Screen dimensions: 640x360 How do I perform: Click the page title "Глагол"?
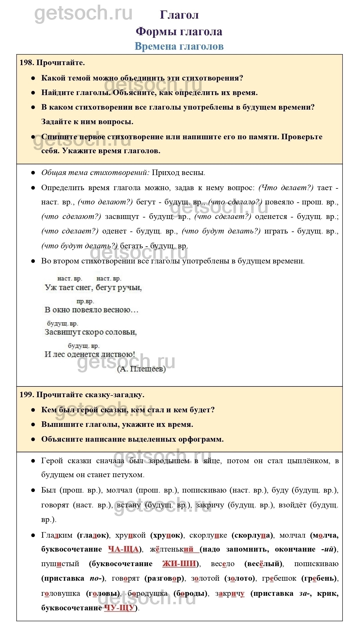pos(179,15)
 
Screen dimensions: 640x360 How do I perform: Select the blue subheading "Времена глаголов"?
pos(179,46)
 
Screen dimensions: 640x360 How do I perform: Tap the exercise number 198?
pos(26,63)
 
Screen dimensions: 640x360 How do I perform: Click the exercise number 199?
pos(26,395)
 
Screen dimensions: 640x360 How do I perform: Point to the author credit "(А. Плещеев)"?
pos(142,369)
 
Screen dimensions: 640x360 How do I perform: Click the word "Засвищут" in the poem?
pos(62,332)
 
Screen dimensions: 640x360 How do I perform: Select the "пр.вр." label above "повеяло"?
pos(85,301)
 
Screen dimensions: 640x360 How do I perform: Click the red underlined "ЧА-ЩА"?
pos(123,549)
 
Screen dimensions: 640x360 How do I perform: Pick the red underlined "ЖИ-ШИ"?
pos(179,564)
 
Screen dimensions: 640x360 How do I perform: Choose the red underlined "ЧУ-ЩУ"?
pos(119,608)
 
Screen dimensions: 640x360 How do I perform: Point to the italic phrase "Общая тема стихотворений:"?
pos(95,173)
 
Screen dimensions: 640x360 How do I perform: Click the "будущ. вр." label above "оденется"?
pos(84,346)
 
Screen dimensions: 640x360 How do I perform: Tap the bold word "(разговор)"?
pos(164,578)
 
